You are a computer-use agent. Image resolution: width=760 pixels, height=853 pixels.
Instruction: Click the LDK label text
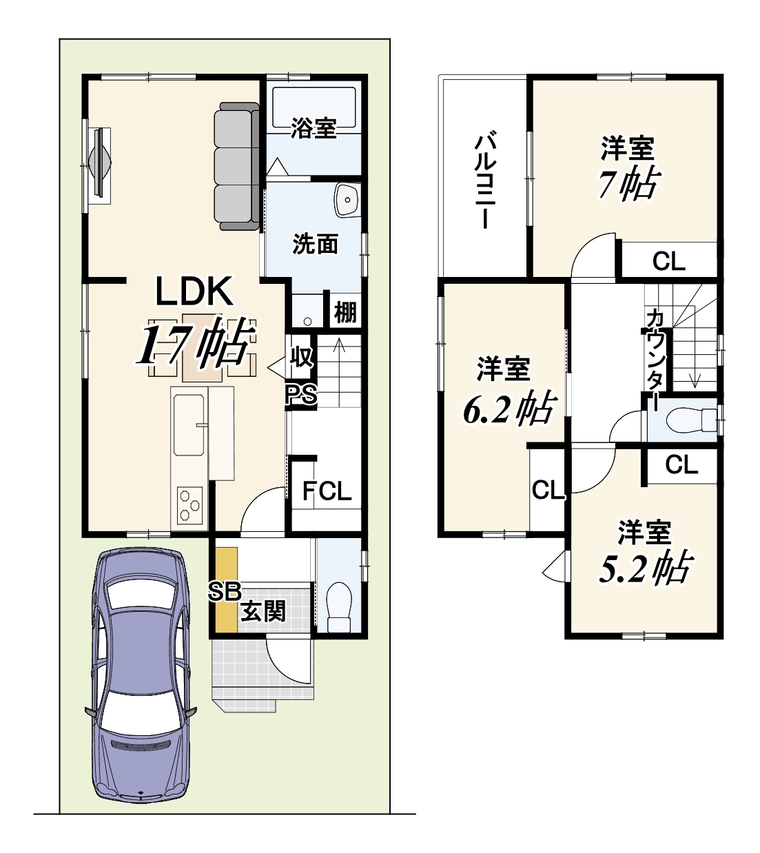click(194, 291)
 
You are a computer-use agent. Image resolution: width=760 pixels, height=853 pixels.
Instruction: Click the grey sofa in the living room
click(236, 166)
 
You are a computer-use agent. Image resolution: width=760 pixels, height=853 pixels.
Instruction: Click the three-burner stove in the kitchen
click(189, 505)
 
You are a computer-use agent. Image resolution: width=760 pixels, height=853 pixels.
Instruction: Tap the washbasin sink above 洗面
click(347, 201)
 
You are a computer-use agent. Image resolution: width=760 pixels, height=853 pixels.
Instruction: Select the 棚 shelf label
click(345, 312)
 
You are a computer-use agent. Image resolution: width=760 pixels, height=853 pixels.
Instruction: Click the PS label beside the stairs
click(302, 395)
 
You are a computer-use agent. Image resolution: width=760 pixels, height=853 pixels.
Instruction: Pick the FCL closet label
click(327, 491)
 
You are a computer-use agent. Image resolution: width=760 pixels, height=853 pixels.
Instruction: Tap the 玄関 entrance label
click(264, 611)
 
